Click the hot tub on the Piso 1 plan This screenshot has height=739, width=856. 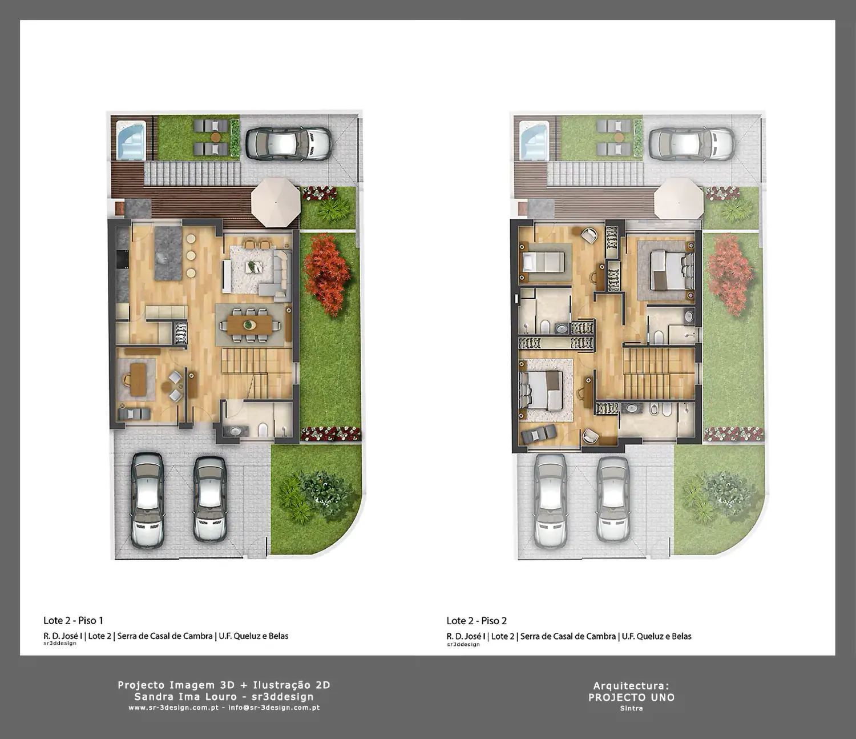(131, 140)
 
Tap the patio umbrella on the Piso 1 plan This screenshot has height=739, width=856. (276, 202)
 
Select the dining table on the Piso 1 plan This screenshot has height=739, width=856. (249, 324)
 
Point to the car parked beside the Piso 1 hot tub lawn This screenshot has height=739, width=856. (289, 143)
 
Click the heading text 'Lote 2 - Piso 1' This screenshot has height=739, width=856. (73, 620)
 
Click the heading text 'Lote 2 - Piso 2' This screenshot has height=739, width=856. (477, 620)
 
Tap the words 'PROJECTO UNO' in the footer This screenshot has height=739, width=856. (632, 697)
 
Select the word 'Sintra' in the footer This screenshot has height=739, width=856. (632, 708)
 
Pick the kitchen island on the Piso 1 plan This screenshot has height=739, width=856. (168, 253)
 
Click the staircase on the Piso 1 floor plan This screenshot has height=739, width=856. (257, 372)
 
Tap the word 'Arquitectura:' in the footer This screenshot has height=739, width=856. (631, 686)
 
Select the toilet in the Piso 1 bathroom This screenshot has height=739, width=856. (263, 429)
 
